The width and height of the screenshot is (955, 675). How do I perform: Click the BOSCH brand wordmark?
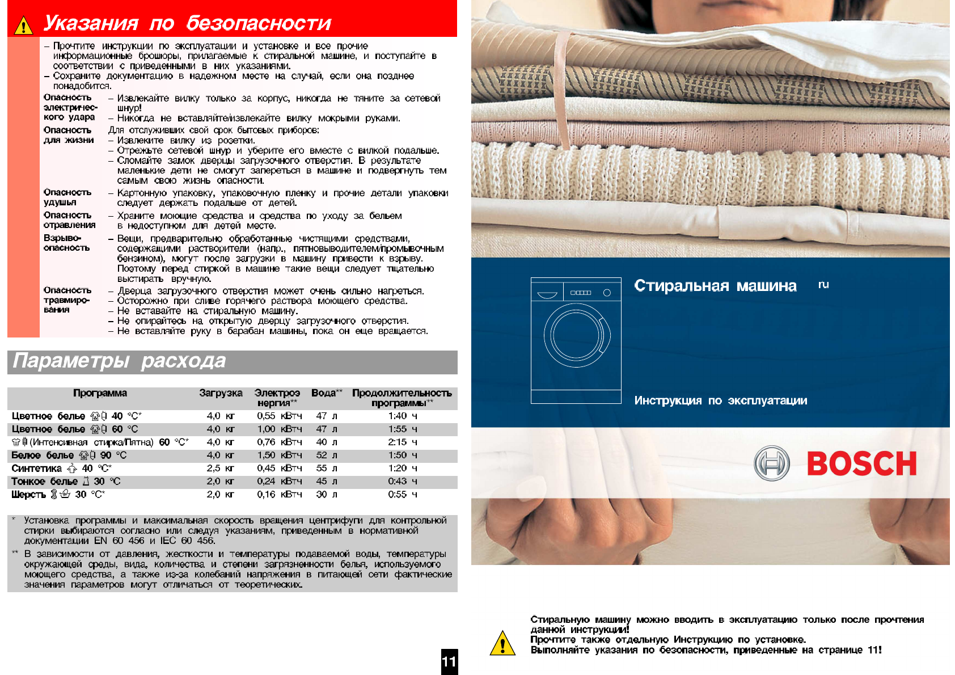[x=861, y=463]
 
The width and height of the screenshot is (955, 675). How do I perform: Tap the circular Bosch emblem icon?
[x=771, y=463]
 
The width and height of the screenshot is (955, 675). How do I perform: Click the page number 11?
[x=449, y=661]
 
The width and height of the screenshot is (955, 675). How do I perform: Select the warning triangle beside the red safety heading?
[x=23, y=26]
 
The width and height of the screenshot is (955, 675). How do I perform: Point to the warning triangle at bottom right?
[x=502, y=644]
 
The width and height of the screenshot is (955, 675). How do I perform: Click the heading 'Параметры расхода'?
[x=119, y=361]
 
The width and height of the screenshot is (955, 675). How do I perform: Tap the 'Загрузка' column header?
[x=221, y=393]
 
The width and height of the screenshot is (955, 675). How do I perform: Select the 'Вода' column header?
[x=324, y=393]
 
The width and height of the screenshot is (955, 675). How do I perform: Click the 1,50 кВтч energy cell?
[x=279, y=455]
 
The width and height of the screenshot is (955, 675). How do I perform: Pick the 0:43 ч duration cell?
[x=403, y=482]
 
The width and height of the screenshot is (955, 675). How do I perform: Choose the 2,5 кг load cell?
[x=221, y=469]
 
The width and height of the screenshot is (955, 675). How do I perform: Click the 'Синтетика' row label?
[x=36, y=469]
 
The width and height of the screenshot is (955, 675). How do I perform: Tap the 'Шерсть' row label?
[x=28, y=495]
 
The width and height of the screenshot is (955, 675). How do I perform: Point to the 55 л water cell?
[x=326, y=469]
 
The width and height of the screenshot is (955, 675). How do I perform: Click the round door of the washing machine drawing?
[x=576, y=335]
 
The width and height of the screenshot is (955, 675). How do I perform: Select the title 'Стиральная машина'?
[x=715, y=286]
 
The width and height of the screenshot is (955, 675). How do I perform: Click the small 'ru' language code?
[x=823, y=285]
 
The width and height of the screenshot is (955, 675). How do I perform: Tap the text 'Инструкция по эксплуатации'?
[x=720, y=400]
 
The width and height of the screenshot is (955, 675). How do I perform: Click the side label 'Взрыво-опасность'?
[x=66, y=243]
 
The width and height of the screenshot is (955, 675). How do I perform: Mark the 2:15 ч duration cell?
[x=403, y=442]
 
